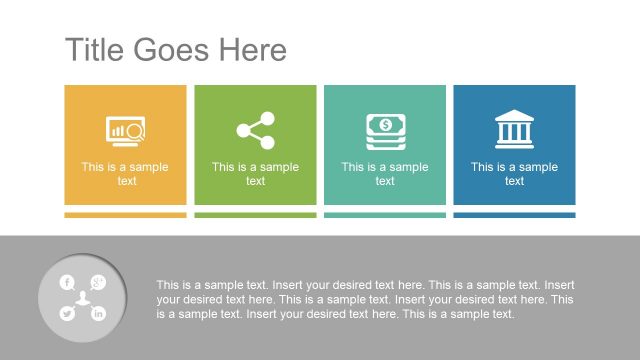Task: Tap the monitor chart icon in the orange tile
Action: (x=126, y=131)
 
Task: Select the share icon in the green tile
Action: (x=255, y=130)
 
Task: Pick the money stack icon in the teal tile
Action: (x=384, y=131)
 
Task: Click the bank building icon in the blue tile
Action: (x=514, y=130)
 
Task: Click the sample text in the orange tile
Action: (x=126, y=174)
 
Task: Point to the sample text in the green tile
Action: (x=255, y=174)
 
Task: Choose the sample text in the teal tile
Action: (x=384, y=174)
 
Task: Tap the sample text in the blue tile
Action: (x=514, y=174)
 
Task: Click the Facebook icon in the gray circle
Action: (x=67, y=283)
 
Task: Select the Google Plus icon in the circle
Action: (x=98, y=282)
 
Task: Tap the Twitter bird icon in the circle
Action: (x=67, y=314)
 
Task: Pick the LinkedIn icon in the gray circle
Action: (x=98, y=314)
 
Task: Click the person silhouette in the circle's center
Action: (x=83, y=298)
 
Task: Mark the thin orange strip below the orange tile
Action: (x=126, y=215)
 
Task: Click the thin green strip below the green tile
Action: (x=255, y=215)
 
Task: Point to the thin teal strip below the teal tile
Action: (x=384, y=215)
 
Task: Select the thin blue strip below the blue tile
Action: (x=514, y=215)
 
